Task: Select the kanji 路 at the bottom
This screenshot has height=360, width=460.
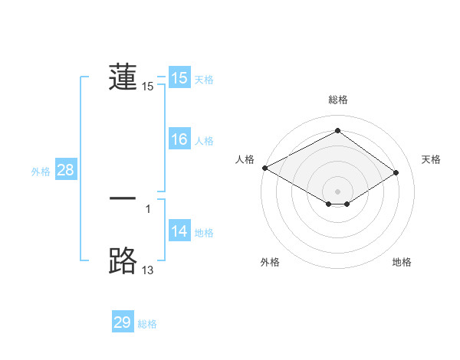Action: point(123,261)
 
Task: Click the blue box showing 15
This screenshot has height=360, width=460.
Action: point(179,78)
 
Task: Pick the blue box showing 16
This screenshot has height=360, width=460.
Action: point(179,139)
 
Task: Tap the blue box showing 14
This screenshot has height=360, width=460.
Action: point(179,231)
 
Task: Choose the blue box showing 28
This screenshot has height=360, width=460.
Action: point(65,170)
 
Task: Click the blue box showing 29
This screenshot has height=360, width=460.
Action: point(123,322)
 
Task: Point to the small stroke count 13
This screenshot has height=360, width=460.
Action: point(147,270)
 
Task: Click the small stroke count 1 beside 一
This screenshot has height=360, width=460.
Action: point(147,208)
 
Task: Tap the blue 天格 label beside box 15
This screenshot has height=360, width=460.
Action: point(204,80)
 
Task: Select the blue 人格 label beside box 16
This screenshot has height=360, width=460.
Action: point(204,141)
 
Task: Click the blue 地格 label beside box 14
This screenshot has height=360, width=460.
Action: point(204,233)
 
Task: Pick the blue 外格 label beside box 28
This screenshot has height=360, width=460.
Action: point(41,172)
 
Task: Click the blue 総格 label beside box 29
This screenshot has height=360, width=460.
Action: point(147,324)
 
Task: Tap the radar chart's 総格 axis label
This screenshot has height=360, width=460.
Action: point(338,100)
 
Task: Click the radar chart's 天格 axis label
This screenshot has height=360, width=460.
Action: point(431,159)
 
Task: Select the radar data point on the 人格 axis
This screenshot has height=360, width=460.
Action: point(264,168)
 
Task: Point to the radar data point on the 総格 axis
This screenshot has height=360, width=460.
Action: point(338,131)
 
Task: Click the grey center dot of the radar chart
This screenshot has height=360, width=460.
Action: point(338,191)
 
